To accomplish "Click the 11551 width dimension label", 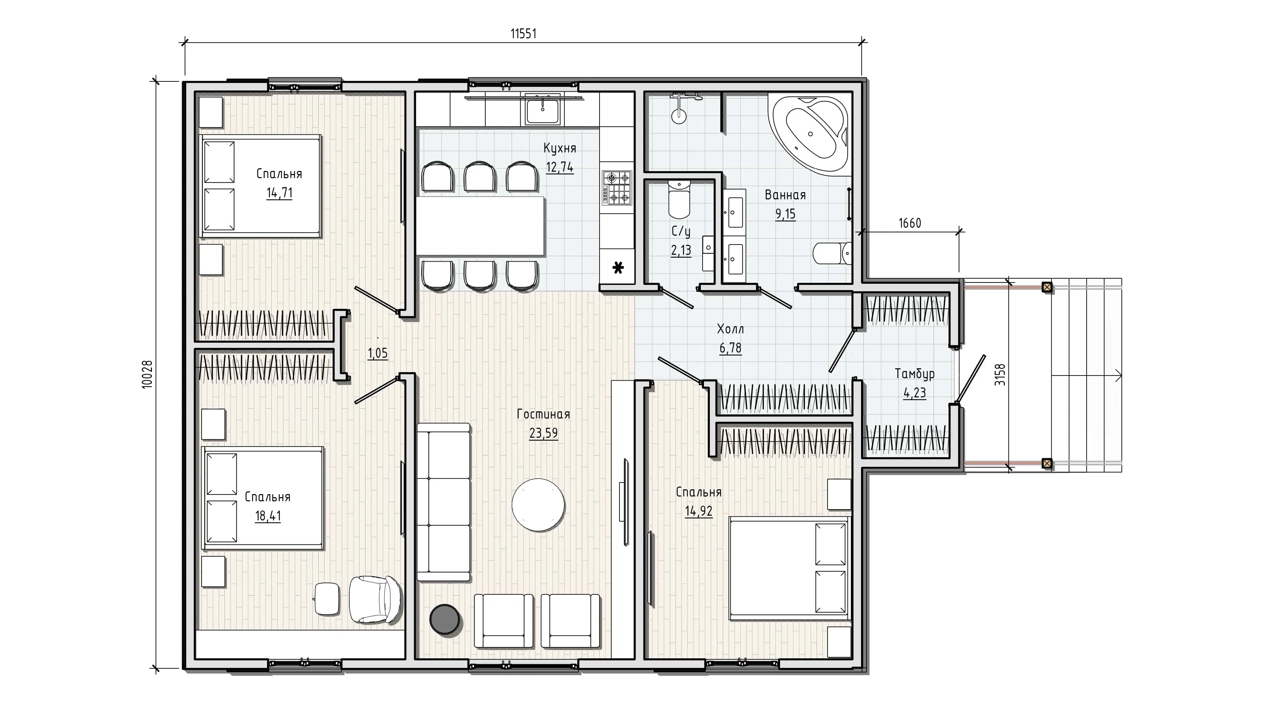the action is [523, 34].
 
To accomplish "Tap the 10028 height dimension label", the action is [147, 374].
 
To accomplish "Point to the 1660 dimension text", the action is [910, 223].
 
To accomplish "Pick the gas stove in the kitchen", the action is [617, 187].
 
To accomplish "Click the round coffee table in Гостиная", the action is [538, 505].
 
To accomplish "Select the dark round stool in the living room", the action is [445, 619].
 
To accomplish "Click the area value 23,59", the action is [543, 433].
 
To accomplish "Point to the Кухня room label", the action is [560, 148].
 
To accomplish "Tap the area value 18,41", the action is [268, 516].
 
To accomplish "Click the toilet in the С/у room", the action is [679, 200].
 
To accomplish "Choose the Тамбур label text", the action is [914, 374].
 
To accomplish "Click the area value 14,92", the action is [698, 511].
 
